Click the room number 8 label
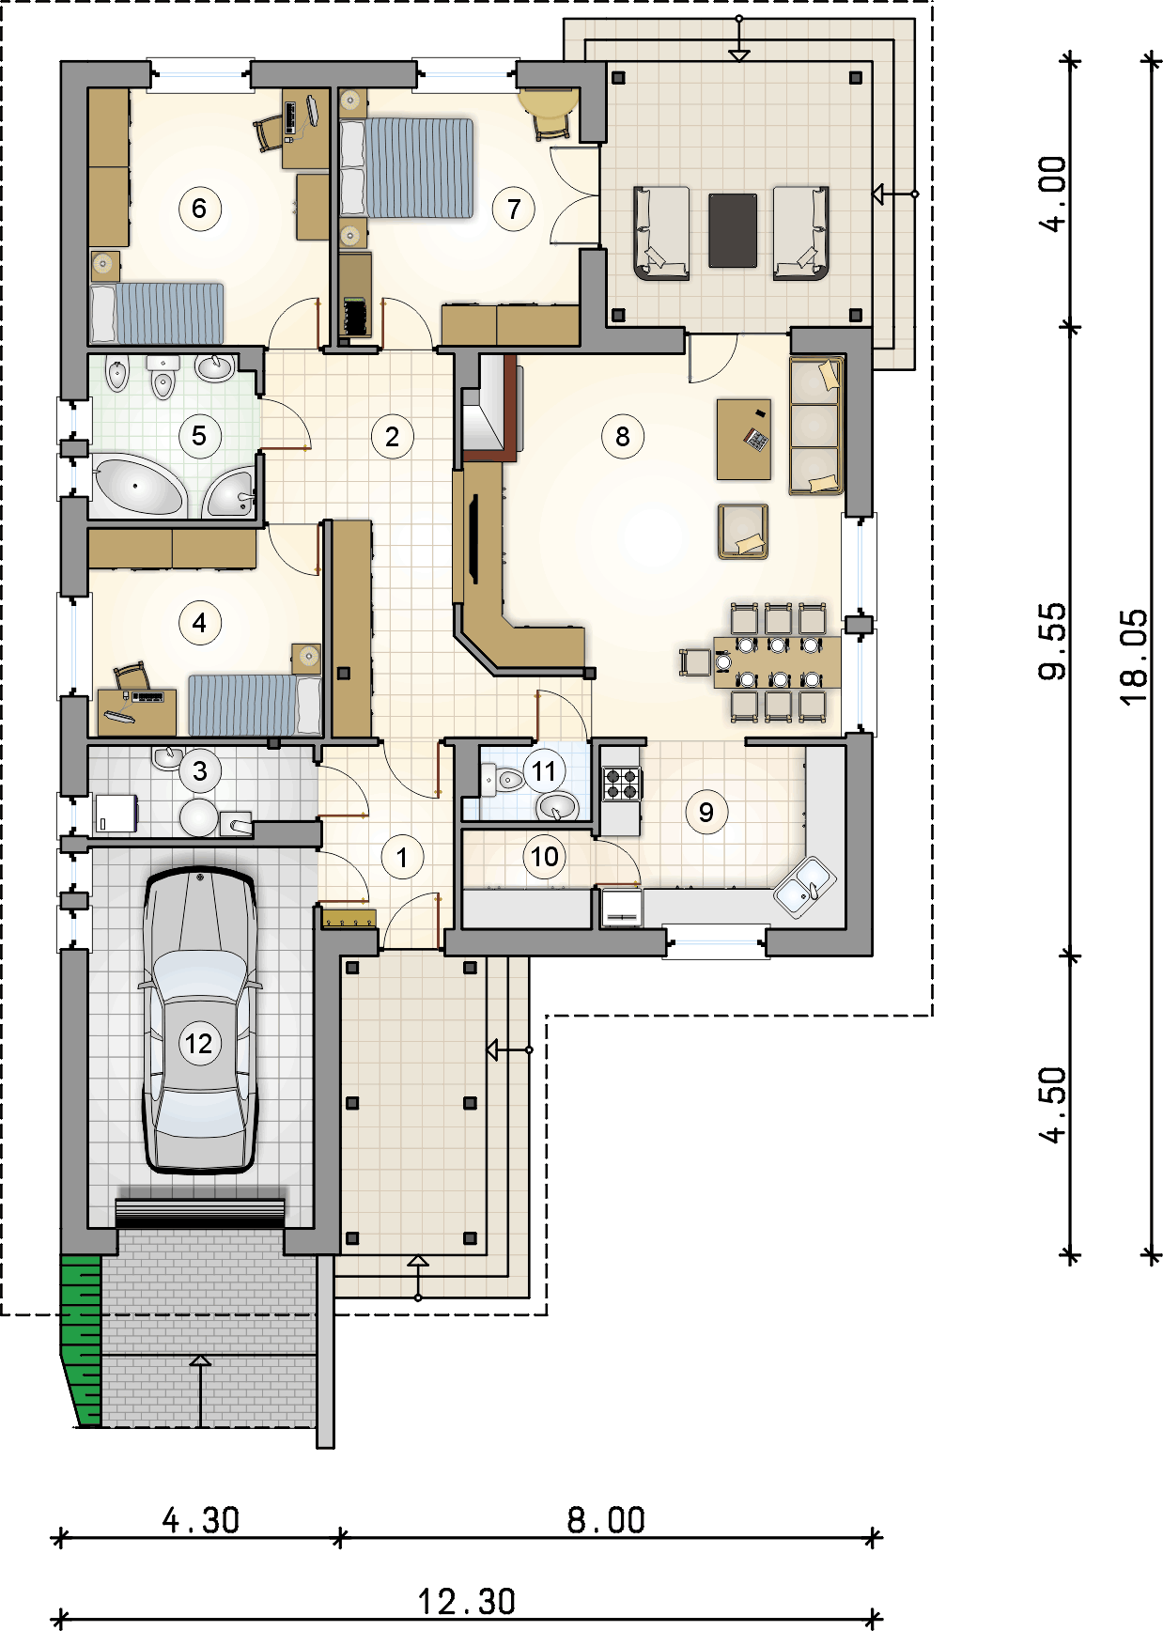tap(623, 436)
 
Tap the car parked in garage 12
tap(199, 1020)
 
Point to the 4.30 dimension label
tap(200, 1519)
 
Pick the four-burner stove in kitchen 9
tap(622, 784)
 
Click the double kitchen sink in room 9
tap(804, 886)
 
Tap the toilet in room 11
tap(503, 779)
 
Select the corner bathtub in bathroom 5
tap(138, 484)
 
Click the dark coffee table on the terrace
tap(733, 230)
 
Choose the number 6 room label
tap(199, 209)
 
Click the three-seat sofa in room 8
tap(816, 426)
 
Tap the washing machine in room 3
tap(116, 814)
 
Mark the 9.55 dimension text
tap(1053, 641)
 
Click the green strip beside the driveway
tap(82, 1338)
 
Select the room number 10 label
tap(545, 857)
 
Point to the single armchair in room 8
tap(743, 531)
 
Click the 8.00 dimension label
tap(606, 1519)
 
